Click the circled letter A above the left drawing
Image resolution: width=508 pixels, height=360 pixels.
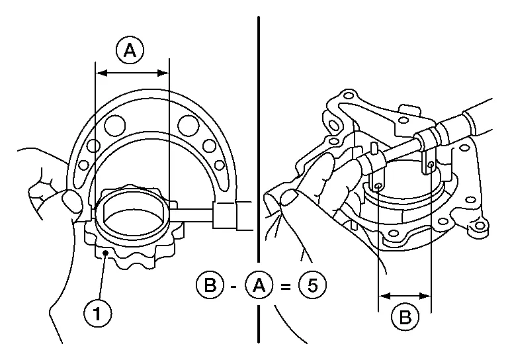pyautogui.click(x=130, y=51)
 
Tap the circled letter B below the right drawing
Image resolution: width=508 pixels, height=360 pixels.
pyautogui.click(x=404, y=316)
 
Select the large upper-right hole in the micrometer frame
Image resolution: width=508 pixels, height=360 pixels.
pyautogui.click(x=189, y=123)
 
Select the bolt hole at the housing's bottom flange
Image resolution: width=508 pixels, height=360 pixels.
pyautogui.click(x=394, y=234)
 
